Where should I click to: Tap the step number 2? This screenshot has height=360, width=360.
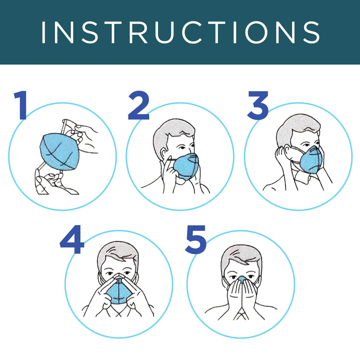pyautogui.click(x=139, y=105)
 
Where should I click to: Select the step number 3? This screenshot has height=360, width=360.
pyautogui.click(x=258, y=105)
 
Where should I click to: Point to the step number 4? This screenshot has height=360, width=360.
pyautogui.click(x=72, y=240)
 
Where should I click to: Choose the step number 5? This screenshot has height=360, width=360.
pyautogui.click(x=196, y=240)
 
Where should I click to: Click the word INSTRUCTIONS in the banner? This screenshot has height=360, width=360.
pyautogui.click(x=180, y=32)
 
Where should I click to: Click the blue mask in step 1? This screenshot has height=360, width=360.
pyautogui.click(x=60, y=152)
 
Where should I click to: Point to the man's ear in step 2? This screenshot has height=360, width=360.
pyautogui.click(x=164, y=154)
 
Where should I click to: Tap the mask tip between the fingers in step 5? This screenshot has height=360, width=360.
pyautogui.click(x=242, y=279)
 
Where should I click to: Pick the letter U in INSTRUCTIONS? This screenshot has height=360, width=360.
pyautogui.click(x=164, y=32)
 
